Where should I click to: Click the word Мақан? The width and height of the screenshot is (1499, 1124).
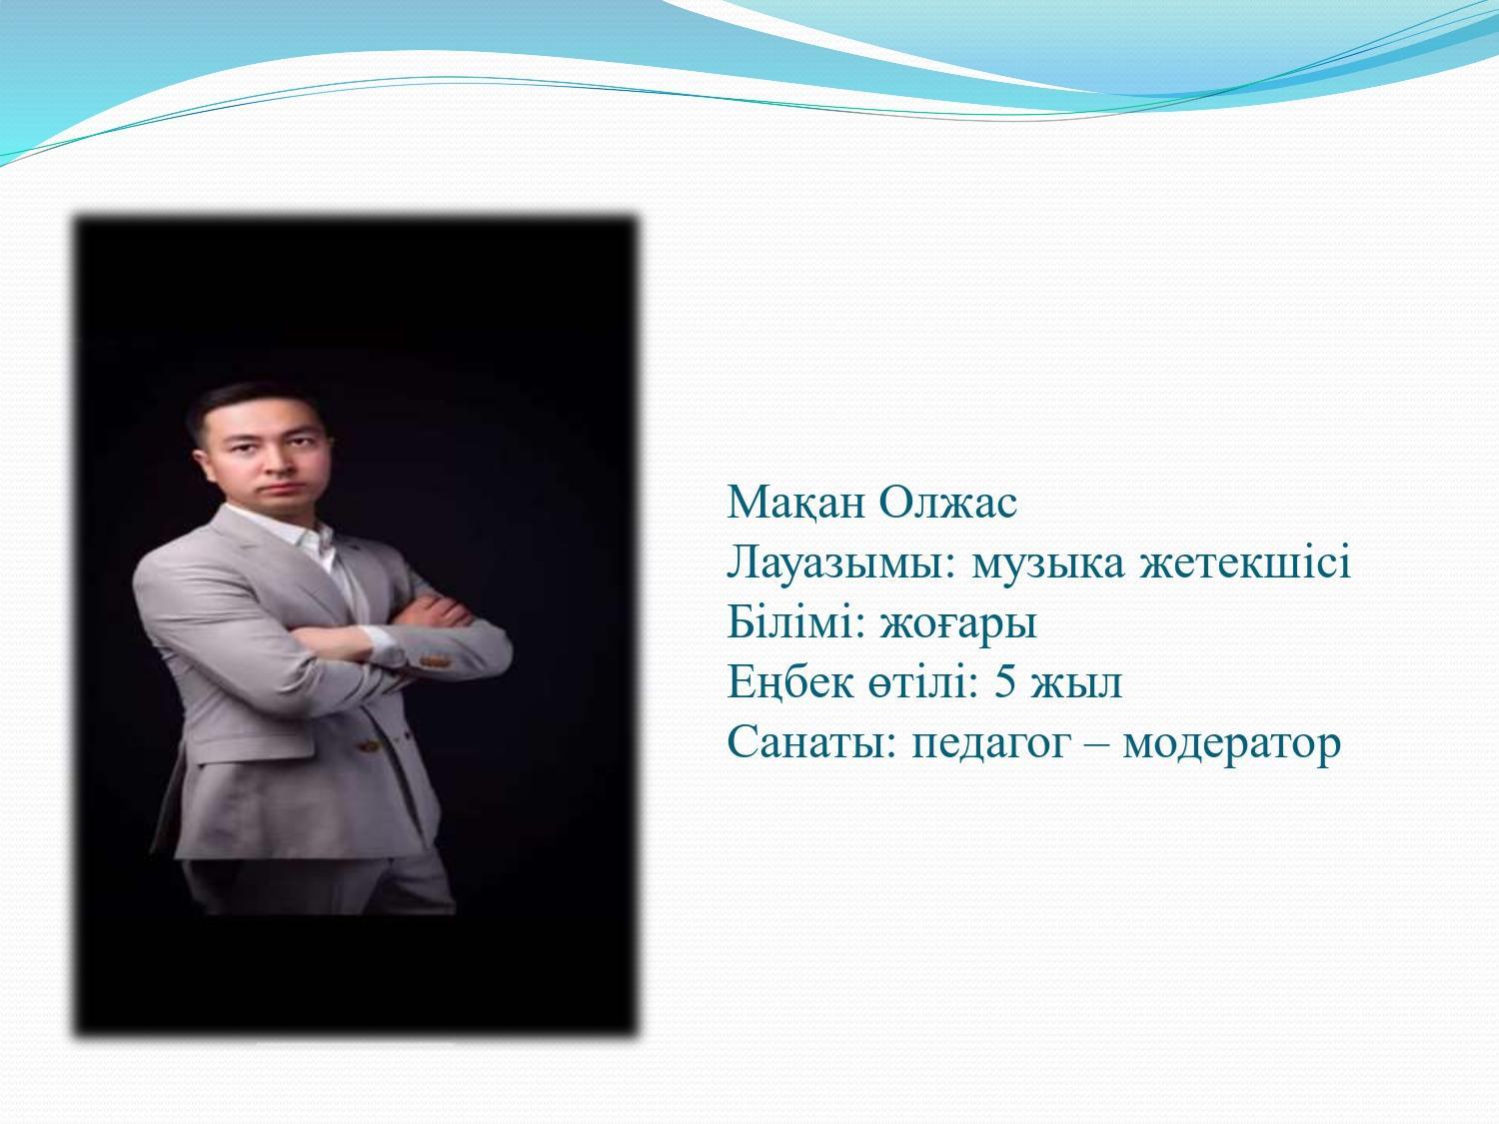point(794,504)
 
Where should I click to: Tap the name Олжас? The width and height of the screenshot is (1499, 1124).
point(948,503)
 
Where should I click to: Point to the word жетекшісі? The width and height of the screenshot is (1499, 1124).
point(1245,563)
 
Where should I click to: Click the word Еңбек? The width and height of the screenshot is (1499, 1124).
point(790,683)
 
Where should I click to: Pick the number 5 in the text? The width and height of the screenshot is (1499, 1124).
point(1004,681)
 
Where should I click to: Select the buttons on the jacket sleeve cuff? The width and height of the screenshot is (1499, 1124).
point(433,661)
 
